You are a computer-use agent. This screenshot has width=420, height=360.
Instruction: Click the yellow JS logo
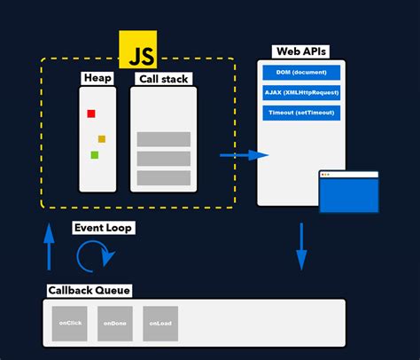(138, 51)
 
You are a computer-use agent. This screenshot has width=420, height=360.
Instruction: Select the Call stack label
(163, 80)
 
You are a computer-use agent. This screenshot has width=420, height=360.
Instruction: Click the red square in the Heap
(90, 113)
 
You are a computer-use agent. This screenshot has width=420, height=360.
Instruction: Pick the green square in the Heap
(94, 155)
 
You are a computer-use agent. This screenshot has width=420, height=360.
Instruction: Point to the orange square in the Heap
(102, 139)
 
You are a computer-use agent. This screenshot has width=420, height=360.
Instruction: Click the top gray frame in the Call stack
(164, 139)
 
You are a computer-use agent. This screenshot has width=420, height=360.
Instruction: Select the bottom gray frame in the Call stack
(164, 178)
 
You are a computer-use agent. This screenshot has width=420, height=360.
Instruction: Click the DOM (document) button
(301, 72)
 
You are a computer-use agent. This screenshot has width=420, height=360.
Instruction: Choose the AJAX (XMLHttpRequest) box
(301, 92)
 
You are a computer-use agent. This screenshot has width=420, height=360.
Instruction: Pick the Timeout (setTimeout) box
(301, 113)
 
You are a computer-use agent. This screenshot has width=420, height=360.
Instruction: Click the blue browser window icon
(348, 192)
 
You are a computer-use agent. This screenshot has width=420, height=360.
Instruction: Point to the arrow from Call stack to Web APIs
(244, 155)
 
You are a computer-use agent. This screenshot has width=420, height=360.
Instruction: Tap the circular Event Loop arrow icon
(95, 256)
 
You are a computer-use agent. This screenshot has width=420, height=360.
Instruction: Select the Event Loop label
(103, 229)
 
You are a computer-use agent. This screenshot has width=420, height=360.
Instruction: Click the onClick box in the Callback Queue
(69, 323)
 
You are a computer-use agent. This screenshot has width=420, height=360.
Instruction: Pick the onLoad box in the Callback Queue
(160, 323)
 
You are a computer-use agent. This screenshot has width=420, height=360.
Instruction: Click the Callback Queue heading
(89, 290)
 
